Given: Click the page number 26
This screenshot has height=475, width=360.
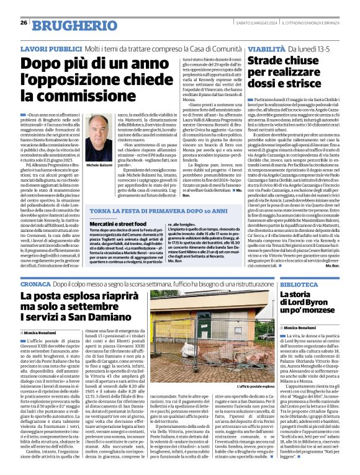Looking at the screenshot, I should [x=23, y=23].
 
